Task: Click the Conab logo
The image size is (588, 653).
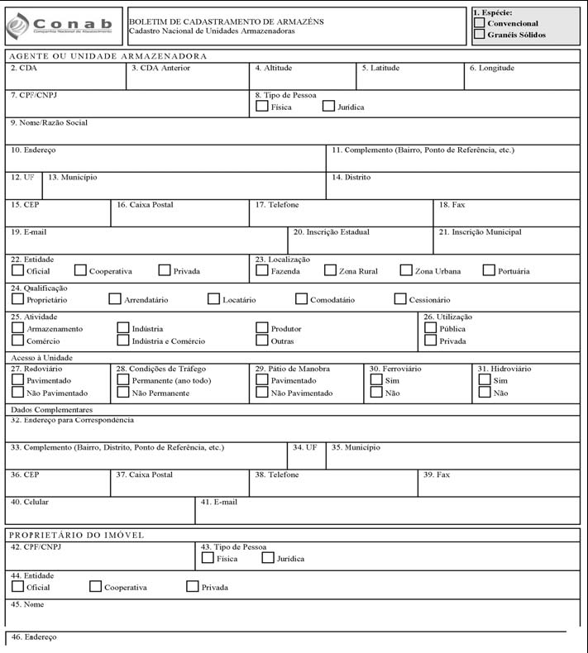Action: pos(63,26)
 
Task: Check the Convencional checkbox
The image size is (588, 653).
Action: pos(480,24)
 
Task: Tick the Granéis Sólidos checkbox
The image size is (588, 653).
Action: pos(480,35)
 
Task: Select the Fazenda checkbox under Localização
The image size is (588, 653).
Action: pos(262,270)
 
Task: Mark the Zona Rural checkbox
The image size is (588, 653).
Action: pos(330,270)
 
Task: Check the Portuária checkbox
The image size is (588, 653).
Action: pos(489,270)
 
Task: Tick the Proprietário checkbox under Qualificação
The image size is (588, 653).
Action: pos(17,299)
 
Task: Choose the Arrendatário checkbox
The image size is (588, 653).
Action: pos(115,299)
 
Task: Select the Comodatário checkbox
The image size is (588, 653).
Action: pos(301,299)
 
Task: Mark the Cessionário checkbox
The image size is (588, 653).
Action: pos(401,299)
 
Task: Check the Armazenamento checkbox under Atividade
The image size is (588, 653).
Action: pos(17,328)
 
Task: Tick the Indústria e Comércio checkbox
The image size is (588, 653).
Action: pos(123,341)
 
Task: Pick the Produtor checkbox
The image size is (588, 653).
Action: pos(262,328)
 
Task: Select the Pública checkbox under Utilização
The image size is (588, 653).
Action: pos(430,328)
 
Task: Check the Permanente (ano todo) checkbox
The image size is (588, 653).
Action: pos(123,380)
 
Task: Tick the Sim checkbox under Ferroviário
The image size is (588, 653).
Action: pos(375,380)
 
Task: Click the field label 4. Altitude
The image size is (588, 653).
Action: pos(273,69)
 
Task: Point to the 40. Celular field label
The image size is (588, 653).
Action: pos(30,502)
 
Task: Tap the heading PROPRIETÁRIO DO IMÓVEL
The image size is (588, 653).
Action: pos(76,535)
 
